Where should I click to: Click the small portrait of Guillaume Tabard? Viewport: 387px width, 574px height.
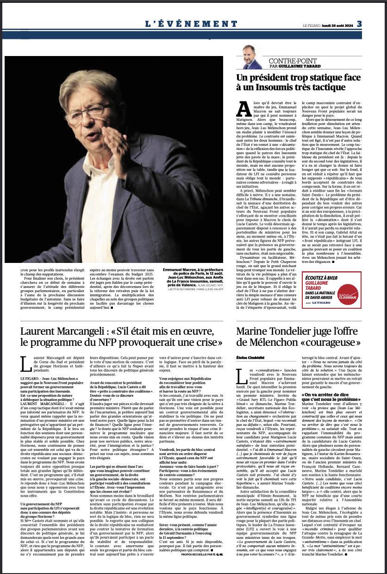point(251,58)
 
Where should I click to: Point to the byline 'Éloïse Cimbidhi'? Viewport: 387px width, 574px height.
point(249,358)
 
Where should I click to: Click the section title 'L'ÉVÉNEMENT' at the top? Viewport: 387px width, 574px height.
point(191,24)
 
